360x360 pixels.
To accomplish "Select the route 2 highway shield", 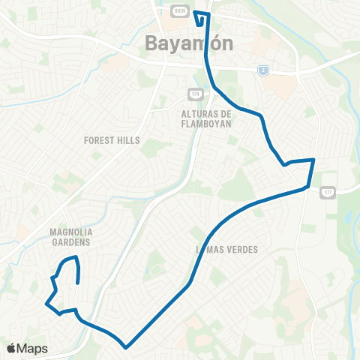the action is [263, 70].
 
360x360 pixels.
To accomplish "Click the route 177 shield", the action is [328, 193].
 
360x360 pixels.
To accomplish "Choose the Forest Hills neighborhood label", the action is [112, 139].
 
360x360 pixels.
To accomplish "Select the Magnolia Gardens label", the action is [70, 237].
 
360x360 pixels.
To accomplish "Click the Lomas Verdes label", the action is [227, 249].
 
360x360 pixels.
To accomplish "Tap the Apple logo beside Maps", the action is [11, 348].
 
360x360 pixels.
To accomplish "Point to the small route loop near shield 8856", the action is [200, 16].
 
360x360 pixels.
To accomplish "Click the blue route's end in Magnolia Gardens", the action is [79, 282].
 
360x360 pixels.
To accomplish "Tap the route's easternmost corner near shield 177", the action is [313, 160].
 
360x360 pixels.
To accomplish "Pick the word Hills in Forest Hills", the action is [129, 139].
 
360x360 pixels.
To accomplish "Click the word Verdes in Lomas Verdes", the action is [241, 249].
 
